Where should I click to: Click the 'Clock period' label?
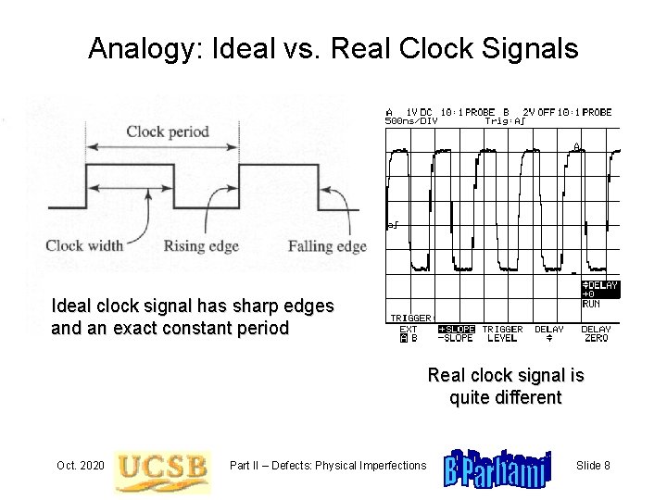[x=167, y=131]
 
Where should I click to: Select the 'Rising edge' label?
[x=201, y=245]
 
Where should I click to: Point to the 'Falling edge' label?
[x=327, y=245]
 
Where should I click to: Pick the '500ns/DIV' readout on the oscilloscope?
[x=410, y=119]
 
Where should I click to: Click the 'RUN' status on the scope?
[x=590, y=303]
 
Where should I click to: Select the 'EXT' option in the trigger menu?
[x=409, y=329]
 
